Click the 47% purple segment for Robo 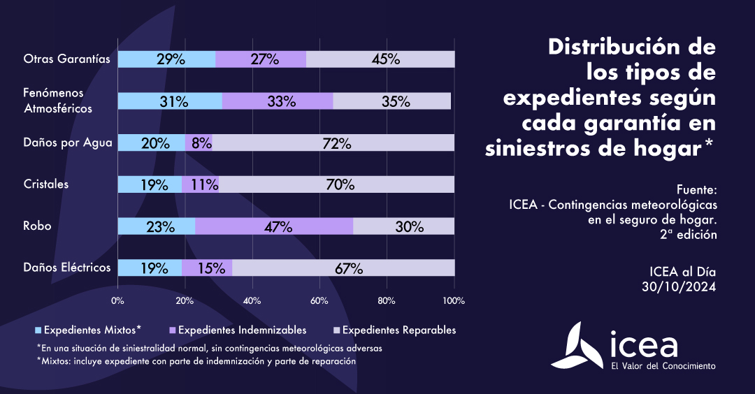pos(274,226)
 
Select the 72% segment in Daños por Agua pos(333,143)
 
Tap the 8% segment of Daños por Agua pos(199,143)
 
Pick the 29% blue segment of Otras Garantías pos(166,59)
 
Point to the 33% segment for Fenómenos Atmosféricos pos(278,101)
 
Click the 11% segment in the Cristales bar pos(200,184)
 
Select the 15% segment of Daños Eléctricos pos(207,268)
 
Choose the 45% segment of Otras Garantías pos(380,59)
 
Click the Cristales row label pos(46,184)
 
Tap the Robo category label pos(37,226)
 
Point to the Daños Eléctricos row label pos(67,268)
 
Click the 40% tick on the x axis pos(252,301)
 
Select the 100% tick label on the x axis pos(454,301)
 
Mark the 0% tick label pos(117,301)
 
